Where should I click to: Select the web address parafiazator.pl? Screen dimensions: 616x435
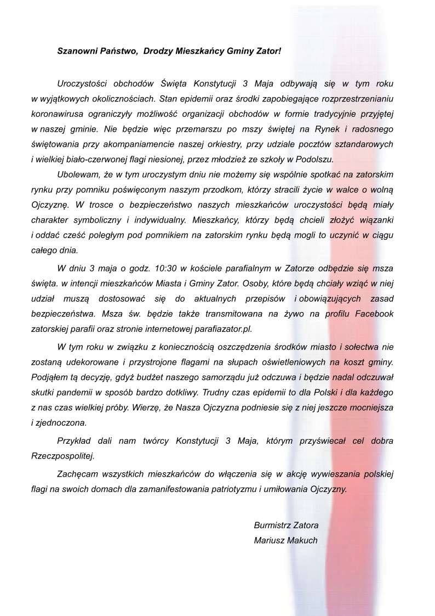click(220, 328)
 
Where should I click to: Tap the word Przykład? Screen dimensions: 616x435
click(75, 440)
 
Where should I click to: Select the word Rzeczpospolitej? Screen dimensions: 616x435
click(63, 455)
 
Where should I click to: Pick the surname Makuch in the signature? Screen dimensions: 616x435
click(303, 540)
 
